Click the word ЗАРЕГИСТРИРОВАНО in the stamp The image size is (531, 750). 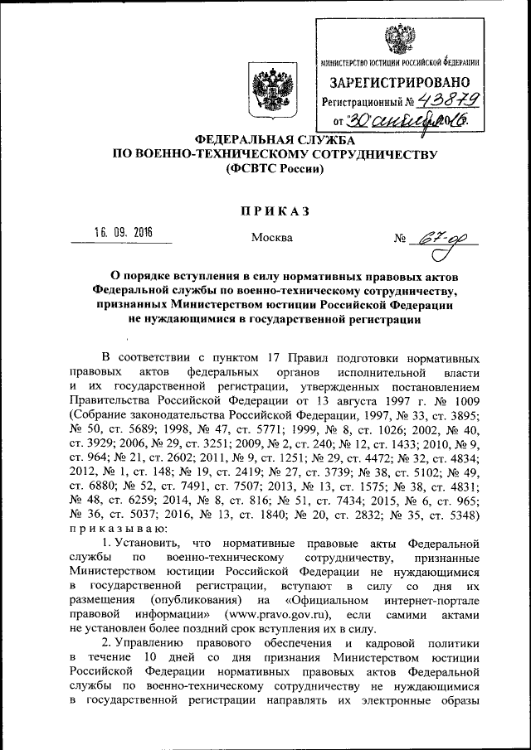[x=400, y=82]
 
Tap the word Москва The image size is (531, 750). [x=271, y=239]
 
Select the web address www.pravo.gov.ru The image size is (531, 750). [x=276, y=614]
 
